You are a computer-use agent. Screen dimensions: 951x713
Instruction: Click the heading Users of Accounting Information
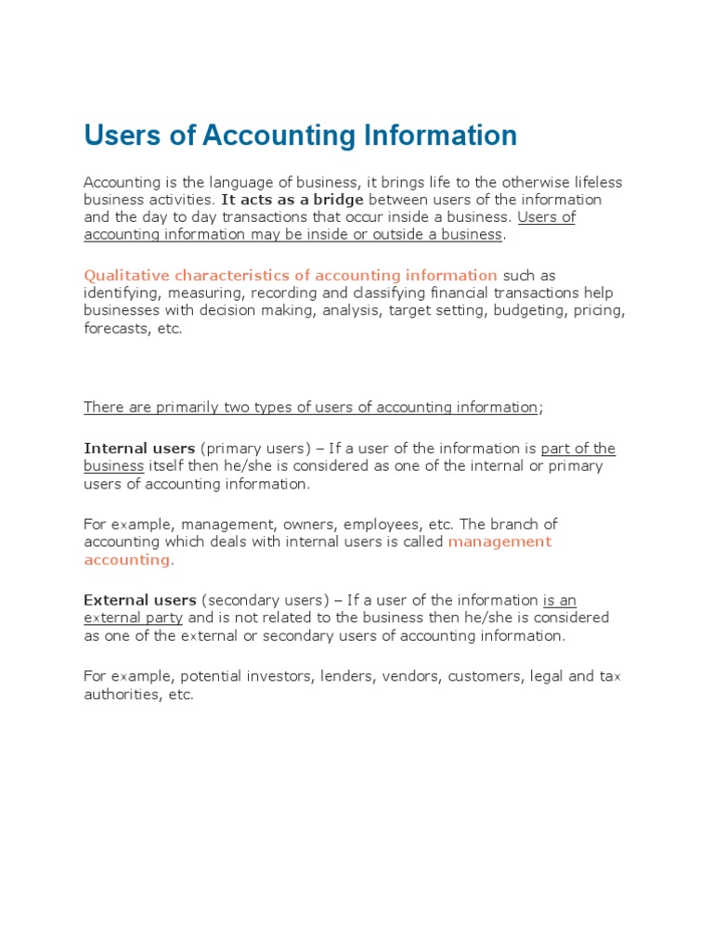point(300,136)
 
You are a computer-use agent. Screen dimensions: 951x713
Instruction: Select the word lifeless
point(595,182)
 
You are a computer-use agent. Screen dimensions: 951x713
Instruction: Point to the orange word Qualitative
point(123,275)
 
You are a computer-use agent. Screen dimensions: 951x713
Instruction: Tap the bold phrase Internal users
point(139,449)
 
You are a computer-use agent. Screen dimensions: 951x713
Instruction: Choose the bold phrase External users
point(140,600)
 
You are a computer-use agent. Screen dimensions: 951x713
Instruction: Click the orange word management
point(499,541)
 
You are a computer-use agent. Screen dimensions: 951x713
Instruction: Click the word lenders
point(345,676)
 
